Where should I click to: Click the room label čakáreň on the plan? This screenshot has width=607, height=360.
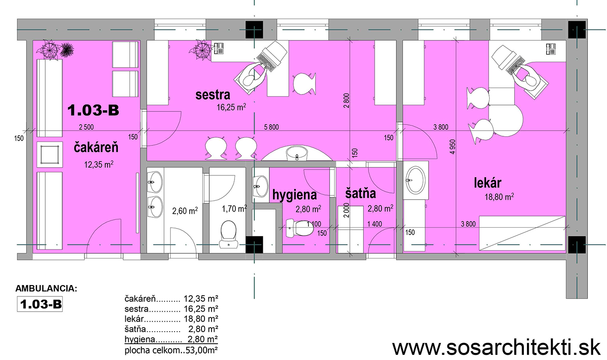pyautogui.click(x=96, y=148)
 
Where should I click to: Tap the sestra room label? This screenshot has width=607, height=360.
pyautogui.click(x=213, y=95)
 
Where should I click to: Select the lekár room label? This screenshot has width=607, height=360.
pyautogui.click(x=487, y=183)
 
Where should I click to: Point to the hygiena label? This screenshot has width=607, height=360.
pyautogui.click(x=295, y=195)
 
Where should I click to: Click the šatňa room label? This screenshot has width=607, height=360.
pyautogui.click(x=360, y=193)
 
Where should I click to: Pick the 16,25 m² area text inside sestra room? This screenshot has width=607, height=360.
pyautogui.click(x=231, y=107)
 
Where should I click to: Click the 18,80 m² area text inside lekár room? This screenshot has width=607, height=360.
pyautogui.click(x=499, y=196)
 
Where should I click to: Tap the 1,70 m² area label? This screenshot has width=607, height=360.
pyautogui.click(x=235, y=209)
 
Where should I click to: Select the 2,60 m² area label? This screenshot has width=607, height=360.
pyautogui.click(x=185, y=211)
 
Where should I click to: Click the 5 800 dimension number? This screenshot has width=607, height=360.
pyautogui.click(x=271, y=127)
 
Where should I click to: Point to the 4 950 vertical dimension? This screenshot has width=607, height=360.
pyautogui.click(x=452, y=147)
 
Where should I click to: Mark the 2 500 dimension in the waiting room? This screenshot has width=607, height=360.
pyautogui.click(x=86, y=127)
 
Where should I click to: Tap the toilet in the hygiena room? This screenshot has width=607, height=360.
pyautogui.click(x=300, y=228)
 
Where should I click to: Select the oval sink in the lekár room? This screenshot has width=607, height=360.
pyautogui.click(x=416, y=180)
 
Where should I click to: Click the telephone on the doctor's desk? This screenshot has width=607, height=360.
pyautogui.click(x=551, y=49)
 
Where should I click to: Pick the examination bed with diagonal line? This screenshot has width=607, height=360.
pyautogui.click(x=522, y=233)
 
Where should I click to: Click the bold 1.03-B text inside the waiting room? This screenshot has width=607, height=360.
pyautogui.click(x=93, y=110)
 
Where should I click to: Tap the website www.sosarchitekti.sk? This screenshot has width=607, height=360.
pyautogui.click(x=496, y=348)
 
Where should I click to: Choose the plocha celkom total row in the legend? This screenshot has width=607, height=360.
pyautogui.click(x=171, y=350)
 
